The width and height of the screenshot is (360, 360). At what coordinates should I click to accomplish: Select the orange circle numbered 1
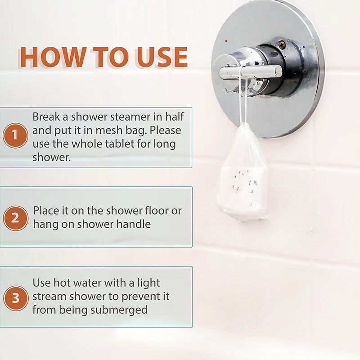[15, 135]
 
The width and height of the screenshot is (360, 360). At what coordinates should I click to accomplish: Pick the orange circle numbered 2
[15, 218]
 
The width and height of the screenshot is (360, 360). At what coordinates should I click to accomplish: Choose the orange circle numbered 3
[16, 298]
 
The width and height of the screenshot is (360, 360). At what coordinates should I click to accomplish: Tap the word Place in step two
[47, 211]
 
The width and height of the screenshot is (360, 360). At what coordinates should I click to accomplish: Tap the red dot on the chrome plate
[226, 41]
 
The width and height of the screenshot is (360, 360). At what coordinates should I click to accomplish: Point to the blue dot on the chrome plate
[304, 47]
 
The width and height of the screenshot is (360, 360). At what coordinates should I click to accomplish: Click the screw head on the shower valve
[282, 44]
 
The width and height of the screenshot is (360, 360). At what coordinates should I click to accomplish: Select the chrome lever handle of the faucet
[250, 72]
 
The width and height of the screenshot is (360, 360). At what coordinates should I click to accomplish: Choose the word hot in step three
[62, 283]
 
